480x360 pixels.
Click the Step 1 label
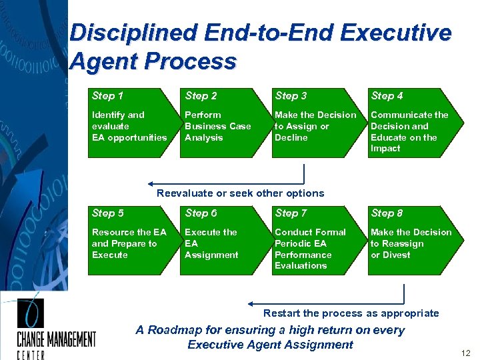tap(107, 96)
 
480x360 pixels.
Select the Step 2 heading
tap(201, 96)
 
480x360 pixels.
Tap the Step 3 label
tap(291, 96)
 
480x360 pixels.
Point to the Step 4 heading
tap(387, 96)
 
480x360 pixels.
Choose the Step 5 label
tap(107, 213)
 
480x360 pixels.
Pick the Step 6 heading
tap(201, 213)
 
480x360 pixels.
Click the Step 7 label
tap(291, 213)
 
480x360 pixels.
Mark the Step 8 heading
tap(387, 213)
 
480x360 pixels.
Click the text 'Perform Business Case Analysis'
tap(217, 126)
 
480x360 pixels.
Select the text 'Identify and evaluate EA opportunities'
tap(129, 126)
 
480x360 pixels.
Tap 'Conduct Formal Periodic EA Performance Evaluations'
tap(310, 249)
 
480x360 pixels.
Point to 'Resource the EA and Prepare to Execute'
tap(129, 243)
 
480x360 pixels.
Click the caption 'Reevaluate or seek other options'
tap(240, 193)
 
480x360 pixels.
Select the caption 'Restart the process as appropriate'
tap(351, 313)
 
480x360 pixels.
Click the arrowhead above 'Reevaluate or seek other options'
tap(152, 183)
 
